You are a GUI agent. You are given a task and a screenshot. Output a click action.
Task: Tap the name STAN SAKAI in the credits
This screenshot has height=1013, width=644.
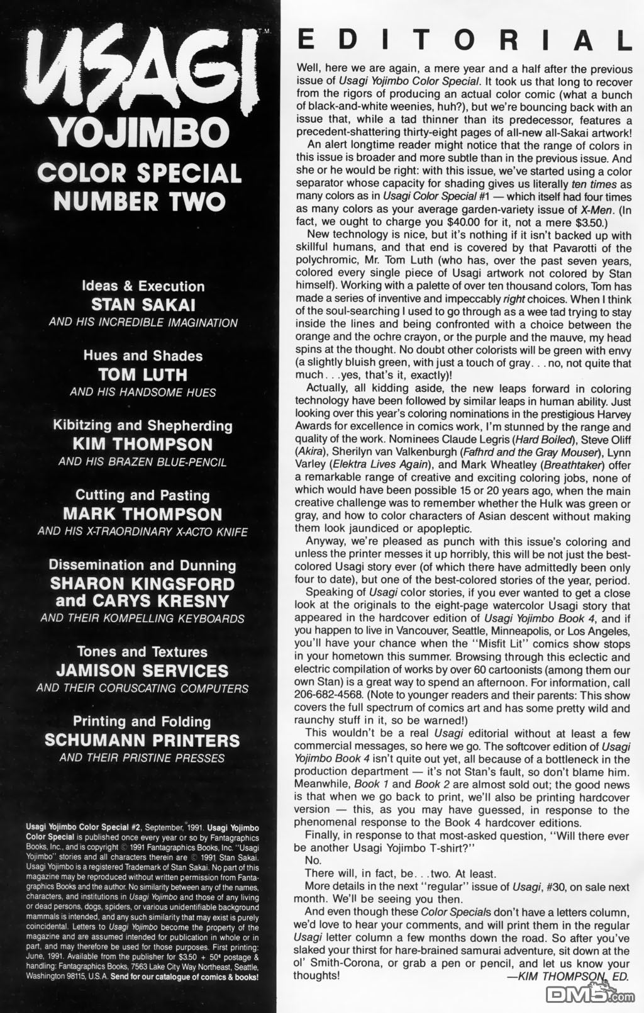click(x=143, y=305)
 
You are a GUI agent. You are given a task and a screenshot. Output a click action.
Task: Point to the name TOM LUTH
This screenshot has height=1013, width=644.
click(x=143, y=374)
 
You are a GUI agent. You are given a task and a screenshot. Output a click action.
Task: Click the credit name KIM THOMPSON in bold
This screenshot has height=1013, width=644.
click(x=143, y=444)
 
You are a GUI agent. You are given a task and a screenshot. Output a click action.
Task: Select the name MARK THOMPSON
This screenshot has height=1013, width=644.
click(x=143, y=514)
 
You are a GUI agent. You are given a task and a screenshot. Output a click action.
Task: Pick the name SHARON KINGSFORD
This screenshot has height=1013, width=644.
click(x=143, y=584)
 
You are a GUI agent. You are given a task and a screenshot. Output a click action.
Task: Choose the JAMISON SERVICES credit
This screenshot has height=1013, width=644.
click(x=143, y=671)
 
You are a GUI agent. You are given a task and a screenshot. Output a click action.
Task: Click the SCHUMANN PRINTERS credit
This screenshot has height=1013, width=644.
click(x=143, y=741)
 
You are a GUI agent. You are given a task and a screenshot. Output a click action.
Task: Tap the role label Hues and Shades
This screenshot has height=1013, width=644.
click(x=143, y=355)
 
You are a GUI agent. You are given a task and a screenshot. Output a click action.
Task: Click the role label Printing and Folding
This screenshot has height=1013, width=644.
click(x=142, y=722)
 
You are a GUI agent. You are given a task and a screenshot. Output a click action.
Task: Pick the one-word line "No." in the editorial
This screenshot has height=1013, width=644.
click(x=313, y=860)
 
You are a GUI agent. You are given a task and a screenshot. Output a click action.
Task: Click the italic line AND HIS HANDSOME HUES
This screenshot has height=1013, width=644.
click(x=143, y=393)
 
